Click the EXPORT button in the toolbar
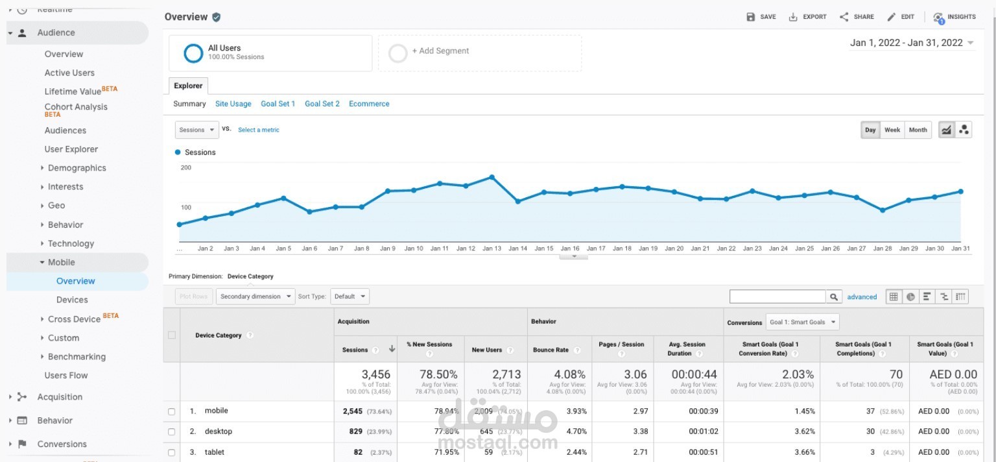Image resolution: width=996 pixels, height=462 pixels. tap(807, 17)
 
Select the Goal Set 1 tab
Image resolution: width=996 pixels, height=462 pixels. tap(278, 104)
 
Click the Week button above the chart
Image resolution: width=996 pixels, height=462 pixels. tap(892, 130)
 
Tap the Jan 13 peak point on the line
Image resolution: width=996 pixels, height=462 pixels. tap(492, 176)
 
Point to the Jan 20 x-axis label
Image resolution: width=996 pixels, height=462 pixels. tap(674, 249)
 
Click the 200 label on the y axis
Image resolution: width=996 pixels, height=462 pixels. tap(186, 168)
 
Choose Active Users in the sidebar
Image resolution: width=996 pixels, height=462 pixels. tap(69, 73)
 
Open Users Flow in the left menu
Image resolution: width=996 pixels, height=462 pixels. tap(66, 375)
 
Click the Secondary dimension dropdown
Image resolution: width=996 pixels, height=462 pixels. tap(255, 297)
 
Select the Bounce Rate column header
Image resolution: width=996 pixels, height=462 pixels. tap(551, 350)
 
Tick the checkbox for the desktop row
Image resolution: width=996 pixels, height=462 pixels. tap(172, 432)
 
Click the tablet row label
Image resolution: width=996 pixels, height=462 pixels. tap(215, 452)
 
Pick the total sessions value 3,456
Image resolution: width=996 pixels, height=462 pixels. tap(376, 374)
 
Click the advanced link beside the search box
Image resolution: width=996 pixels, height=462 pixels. tap(862, 297)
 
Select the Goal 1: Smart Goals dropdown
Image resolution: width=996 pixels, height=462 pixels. tap(802, 322)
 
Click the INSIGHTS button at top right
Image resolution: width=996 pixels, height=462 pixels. tap(954, 17)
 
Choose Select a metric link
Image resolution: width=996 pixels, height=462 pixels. tap(259, 130)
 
